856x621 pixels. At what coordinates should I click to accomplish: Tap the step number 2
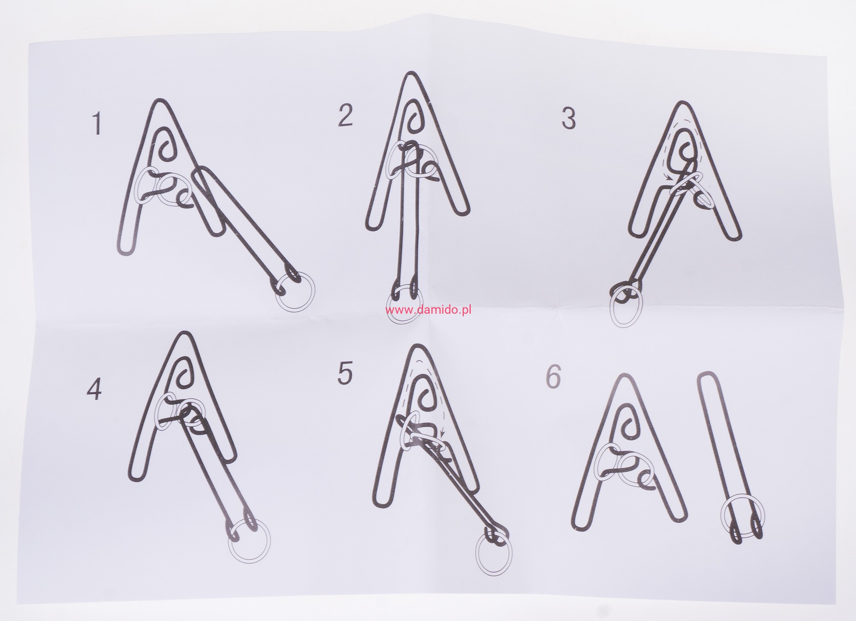(345, 116)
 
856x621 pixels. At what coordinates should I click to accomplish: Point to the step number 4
(94, 390)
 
